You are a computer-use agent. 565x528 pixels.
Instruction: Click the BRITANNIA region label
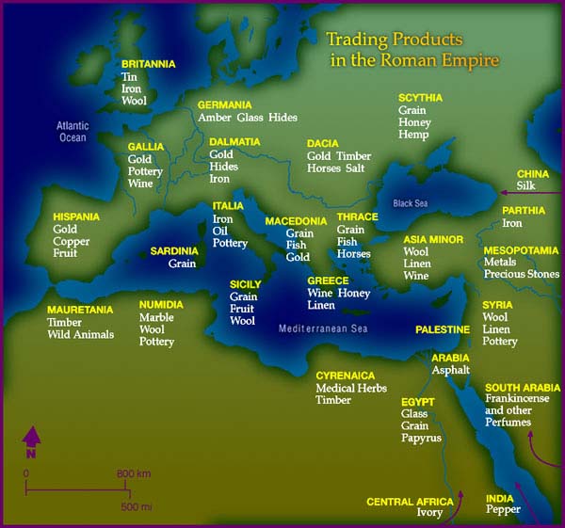click(x=149, y=64)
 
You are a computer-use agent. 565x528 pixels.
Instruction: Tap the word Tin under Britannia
click(x=129, y=77)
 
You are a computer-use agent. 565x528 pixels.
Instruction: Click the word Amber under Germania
click(x=215, y=118)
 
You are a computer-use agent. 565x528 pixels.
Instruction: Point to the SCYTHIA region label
click(x=420, y=97)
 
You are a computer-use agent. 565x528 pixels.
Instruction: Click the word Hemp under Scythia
click(x=412, y=136)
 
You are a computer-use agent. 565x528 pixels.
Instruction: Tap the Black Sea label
click(x=410, y=202)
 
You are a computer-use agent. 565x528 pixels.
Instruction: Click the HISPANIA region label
click(x=77, y=216)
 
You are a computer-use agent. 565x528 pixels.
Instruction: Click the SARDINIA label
click(x=174, y=251)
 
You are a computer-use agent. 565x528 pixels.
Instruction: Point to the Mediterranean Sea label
click(x=322, y=328)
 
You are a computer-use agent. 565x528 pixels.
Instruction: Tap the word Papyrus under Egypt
click(x=421, y=439)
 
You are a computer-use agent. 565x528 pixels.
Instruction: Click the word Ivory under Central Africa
click(x=429, y=514)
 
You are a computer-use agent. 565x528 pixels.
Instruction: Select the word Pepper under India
click(x=503, y=510)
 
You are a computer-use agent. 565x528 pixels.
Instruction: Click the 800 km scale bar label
click(x=133, y=472)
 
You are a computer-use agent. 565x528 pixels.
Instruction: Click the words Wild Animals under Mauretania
click(x=80, y=334)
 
